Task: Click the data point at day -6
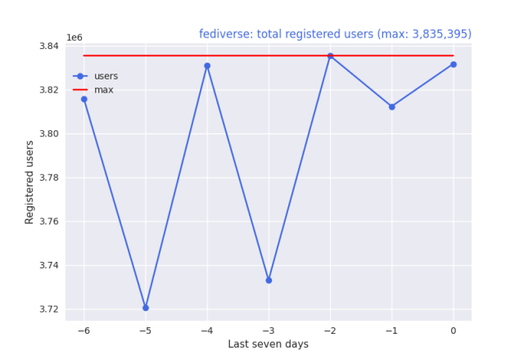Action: pos(84,99)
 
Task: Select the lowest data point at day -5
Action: pos(146,308)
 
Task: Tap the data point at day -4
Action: pos(207,65)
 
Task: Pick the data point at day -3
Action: pos(269,280)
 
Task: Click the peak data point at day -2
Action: pos(330,56)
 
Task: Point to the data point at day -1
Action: pos(391,106)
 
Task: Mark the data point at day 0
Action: pos(453,64)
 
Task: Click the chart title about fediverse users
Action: pos(335,34)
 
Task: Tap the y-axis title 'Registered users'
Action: pos(29,182)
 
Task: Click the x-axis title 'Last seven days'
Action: pos(269,344)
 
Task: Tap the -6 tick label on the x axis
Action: pos(84,330)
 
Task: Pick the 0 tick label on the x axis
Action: pos(453,330)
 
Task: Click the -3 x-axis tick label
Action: pos(269,330)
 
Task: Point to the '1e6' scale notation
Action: pos(74,38)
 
